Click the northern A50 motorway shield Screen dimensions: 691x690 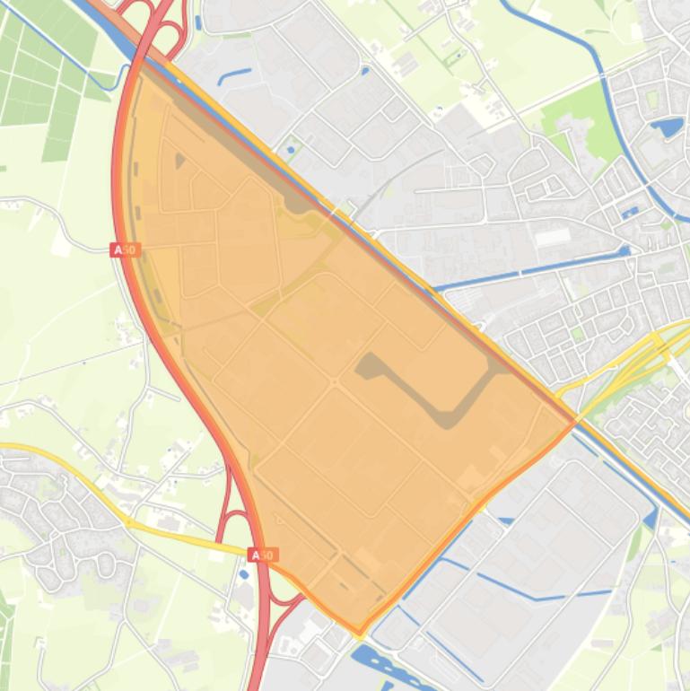click(126, 249)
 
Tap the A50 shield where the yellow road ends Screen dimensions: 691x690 click(261, 555)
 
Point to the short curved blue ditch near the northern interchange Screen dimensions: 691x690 click(234, 74)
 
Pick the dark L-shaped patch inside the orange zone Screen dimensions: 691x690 click(431, 386)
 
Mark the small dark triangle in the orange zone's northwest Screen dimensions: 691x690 click(180, 161)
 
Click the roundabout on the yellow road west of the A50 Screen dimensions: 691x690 click(129, 520)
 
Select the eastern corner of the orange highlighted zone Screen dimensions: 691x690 click(574, 422)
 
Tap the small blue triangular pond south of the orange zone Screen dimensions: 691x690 click(503, 520)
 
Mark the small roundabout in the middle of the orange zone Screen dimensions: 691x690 click(335, 383)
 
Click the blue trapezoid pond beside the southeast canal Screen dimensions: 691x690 click(651, 517)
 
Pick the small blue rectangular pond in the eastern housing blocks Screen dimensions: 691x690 click(630, 213)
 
